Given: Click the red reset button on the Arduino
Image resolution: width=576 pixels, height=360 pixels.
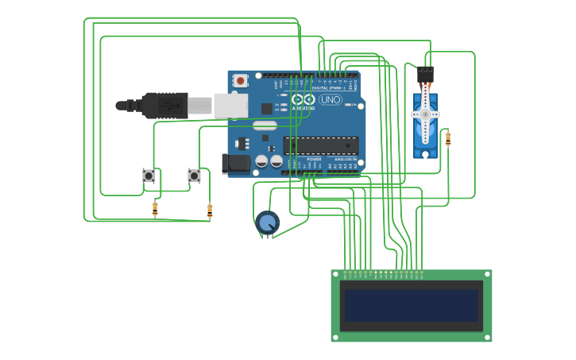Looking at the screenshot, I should pos(240,80).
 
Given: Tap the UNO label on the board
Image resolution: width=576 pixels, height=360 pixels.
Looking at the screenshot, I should pos(331,100).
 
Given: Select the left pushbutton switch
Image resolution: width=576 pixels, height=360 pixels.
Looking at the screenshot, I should pos(148,176).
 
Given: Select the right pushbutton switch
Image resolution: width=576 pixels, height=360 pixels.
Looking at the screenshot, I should pos(194,176).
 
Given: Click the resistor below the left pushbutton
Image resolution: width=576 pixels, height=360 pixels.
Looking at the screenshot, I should pos(155,209).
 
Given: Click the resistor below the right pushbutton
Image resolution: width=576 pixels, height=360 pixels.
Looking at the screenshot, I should pos(210,211).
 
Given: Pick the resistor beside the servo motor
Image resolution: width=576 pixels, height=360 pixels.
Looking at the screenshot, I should pos(448,139).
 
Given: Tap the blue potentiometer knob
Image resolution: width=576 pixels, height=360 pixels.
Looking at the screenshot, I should pos(268,223).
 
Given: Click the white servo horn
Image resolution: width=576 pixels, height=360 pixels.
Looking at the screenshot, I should pos(425,115).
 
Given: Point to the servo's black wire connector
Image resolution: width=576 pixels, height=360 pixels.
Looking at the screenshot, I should pos(426,75).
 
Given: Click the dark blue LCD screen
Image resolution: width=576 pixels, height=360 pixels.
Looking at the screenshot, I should pos(412,305).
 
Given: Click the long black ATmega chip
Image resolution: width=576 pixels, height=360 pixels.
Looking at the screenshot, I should pos(321,145).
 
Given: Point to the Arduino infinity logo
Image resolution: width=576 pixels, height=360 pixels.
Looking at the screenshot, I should pos(303,100).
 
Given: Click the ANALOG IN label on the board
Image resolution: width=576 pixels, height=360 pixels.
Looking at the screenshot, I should pos(345,160).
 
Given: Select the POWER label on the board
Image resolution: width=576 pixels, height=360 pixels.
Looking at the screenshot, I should pos(314,160).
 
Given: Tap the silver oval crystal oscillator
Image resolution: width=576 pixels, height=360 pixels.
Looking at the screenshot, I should pos(265,125).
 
